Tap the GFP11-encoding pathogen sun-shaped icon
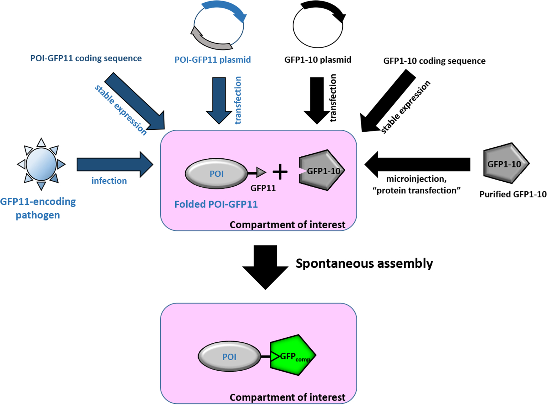(x=41, y=164)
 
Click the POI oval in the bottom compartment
(x=229, y=356)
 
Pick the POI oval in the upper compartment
(x=216, y=174)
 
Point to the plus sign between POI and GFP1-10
(x=280, y=172)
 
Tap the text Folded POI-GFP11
(x=216, y=204)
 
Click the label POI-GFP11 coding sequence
(x=86, y=58)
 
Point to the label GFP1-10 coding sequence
(x=434, y=61)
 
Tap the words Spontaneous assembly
(x=364, y=263)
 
